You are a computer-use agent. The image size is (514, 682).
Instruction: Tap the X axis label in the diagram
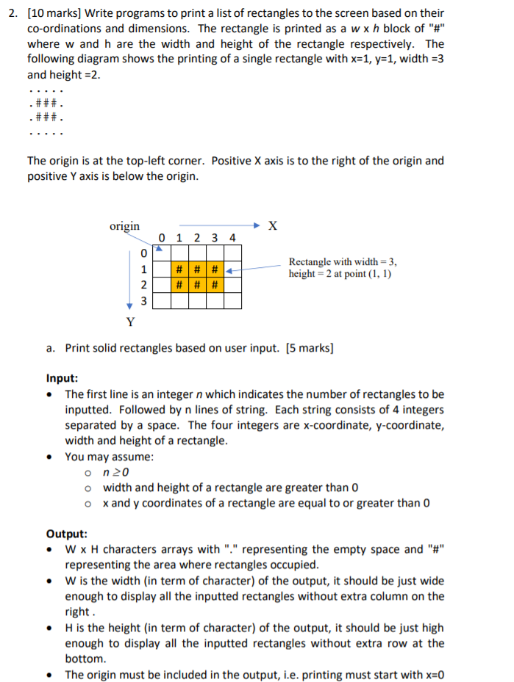(272, 226)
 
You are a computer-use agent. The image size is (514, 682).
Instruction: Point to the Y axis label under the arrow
(130, 321)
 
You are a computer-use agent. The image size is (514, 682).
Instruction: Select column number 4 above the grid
(232, 238)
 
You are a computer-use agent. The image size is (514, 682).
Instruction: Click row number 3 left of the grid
(144, 301)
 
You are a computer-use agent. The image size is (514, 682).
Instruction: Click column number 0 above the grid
(162, 238)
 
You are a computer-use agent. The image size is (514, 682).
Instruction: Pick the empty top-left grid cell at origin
(162, 253)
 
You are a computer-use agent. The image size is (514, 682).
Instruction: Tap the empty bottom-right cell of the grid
(232, 300)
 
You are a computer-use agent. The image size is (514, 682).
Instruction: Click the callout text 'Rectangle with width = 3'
(343, 261)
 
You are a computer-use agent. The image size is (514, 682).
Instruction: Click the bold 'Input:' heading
(63, 379)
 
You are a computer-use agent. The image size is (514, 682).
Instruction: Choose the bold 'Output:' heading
(67, 534)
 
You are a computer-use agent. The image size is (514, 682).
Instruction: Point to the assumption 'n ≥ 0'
(114, 472)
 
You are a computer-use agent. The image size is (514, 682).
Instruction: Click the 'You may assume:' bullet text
(110, 457)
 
